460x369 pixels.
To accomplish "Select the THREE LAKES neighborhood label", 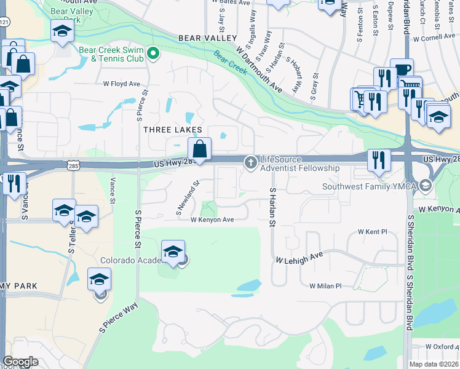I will [x=172, y=130].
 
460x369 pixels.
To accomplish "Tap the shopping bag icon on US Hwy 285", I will [x=200, y=149].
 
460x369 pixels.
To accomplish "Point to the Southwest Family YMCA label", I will [x=369, y=186].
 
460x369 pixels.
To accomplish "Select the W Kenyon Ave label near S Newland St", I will [x=212, y=220].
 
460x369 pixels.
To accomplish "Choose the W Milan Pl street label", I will [x=325, y=286].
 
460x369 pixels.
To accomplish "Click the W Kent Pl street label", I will [x=373, y=232].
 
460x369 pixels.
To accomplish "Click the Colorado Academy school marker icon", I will [x=173, y=252].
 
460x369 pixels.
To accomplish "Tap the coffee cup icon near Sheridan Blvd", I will [x=402, y=69].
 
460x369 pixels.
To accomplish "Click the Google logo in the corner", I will [x=21, y=362].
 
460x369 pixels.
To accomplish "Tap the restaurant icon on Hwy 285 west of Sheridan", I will [x=379, y=161].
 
